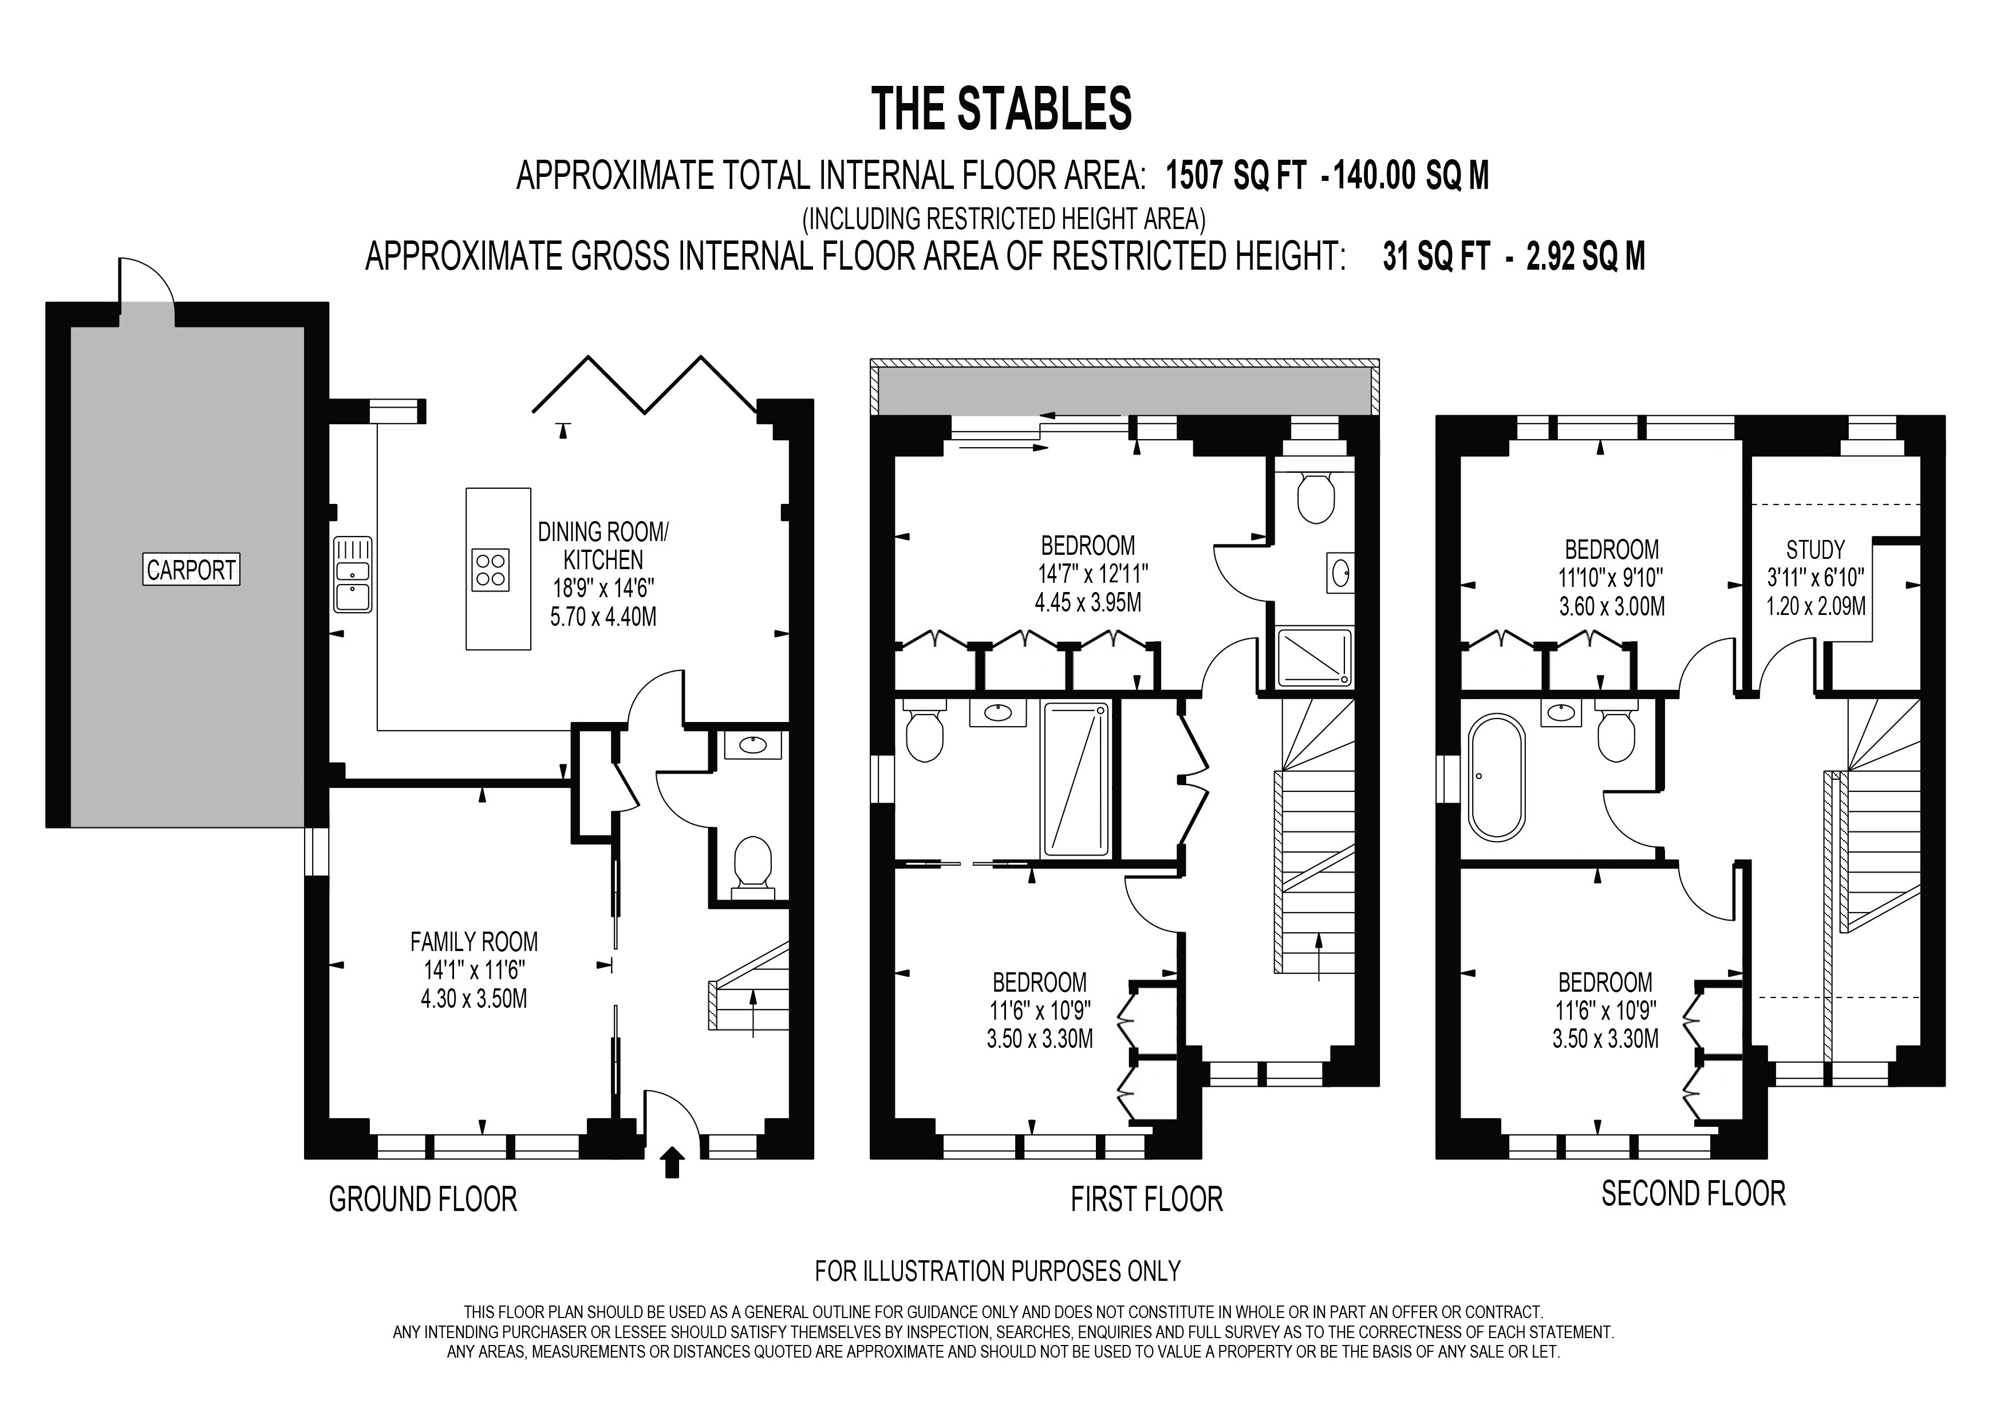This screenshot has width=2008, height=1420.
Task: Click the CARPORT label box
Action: pos(191,570)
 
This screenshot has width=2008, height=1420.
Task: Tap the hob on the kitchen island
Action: pos(490,569)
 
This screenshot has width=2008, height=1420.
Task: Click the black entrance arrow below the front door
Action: pos(672,1163)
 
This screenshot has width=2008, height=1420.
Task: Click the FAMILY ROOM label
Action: pos(474,942)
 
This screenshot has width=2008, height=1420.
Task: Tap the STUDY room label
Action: pos(1814,550)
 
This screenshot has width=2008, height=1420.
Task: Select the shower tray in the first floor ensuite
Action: pos(1315,657)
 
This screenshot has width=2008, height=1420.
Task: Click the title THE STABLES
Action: pos(1002,109)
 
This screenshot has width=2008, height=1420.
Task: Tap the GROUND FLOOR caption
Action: pos(423,1199)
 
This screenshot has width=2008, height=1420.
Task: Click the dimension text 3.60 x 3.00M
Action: pos(1612,606)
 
